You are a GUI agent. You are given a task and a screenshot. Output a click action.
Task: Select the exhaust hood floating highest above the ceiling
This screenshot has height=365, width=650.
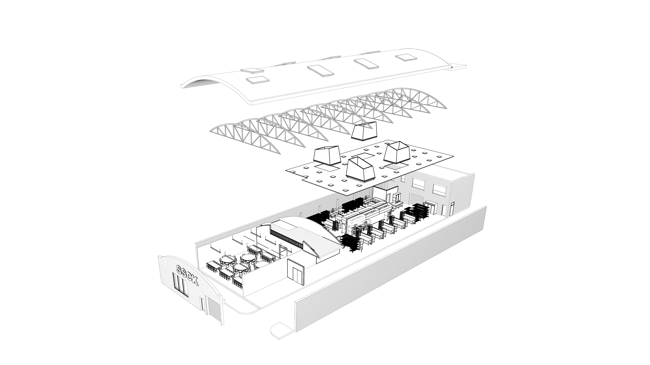coord(364,132)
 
